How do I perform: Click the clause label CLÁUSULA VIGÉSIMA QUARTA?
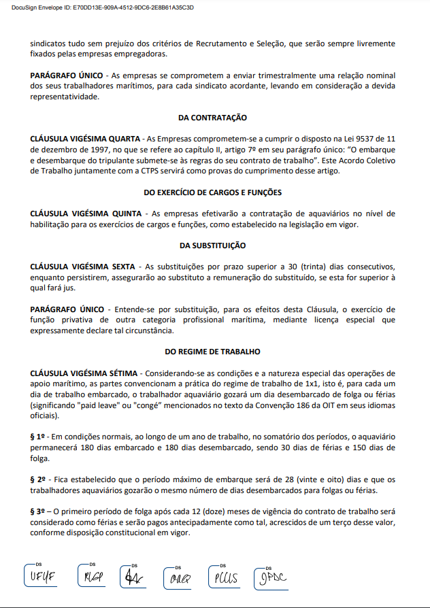84,138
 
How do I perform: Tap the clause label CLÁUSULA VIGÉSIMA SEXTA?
82,266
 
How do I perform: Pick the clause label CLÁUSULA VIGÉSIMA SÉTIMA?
84,373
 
